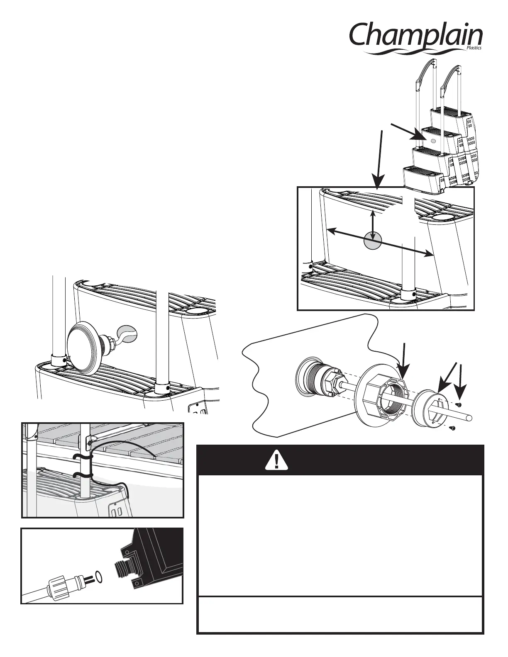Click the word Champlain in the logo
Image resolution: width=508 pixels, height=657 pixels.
415,36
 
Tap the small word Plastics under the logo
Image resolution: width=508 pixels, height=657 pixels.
474,49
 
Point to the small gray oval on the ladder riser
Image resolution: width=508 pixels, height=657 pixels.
433,141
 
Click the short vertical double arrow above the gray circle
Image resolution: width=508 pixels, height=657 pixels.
374,224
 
